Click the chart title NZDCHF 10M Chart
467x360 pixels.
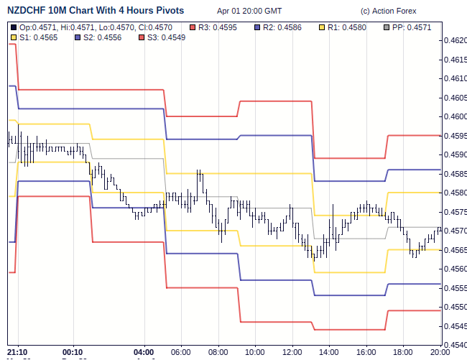(x=95, y=11)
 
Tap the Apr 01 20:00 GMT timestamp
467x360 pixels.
(x=249, y=11)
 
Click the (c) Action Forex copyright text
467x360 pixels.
(x=388, y=11)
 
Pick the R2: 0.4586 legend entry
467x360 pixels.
(x=285, y=27)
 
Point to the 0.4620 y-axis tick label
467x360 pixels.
(x=454, y=40)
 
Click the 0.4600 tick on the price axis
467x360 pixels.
(x=454, y=116)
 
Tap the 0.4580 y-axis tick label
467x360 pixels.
(x=454, y=193)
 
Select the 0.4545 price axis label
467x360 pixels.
(x=454, y=326)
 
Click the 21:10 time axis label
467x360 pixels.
(x=17, y=352)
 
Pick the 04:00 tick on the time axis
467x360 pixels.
(x=144, y=352)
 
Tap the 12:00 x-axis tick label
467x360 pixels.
(x=292, y=352)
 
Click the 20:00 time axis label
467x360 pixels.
(x=440, y=352)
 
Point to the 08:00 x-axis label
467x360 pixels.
(x=218, y=352)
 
